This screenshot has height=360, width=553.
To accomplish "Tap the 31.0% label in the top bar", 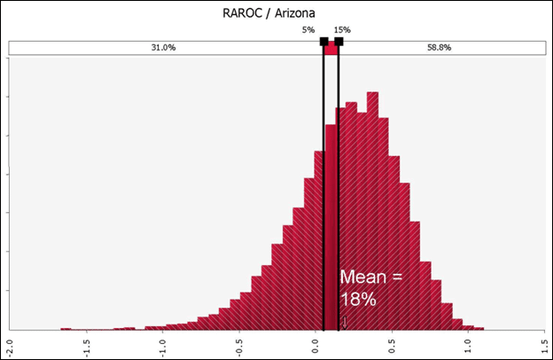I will (x=163, y=48).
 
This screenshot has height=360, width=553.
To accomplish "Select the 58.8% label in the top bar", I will (x=440, y=48).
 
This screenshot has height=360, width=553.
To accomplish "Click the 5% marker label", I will (x=308, y=29).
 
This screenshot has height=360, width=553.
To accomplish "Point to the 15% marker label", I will (x=342, y=29).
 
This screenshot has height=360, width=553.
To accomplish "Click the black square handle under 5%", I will (x=323, y=42).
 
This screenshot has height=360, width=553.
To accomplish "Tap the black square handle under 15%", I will (x=339, y=42).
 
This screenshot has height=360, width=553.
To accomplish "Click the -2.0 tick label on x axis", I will (x=9, y=342).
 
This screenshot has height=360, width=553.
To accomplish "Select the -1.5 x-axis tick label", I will (x=86, y=342).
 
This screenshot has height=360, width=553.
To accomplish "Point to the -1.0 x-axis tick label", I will (x=162, y=342).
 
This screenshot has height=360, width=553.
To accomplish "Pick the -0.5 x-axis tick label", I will (x=239, y=342).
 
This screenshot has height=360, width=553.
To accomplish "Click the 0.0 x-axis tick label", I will (x=316, y=342).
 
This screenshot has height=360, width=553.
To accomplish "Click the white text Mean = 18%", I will (x=370, y=288).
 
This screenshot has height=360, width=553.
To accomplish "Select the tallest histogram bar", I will (x=372, y=213).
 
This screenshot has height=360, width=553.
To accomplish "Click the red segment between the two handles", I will (x=331, y=49).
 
